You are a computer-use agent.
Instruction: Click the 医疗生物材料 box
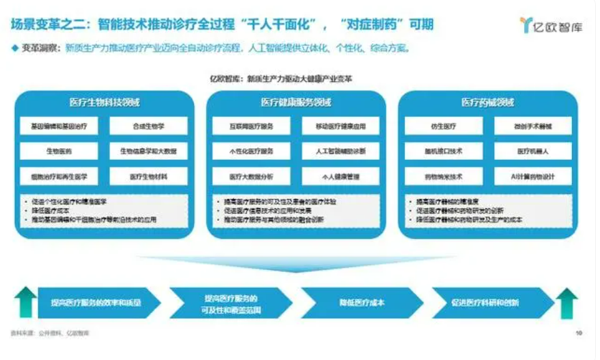(148, 176)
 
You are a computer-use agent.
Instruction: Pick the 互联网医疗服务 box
(251, 126)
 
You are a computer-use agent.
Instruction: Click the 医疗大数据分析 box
(251, 176)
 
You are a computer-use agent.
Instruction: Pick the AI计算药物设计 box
(533, 176)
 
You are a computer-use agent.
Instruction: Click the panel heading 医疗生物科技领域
(104, 102)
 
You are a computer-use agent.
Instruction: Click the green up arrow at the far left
(26, 303)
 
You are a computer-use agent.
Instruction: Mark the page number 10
(578, 334)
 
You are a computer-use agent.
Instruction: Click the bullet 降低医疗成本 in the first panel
(51, 211)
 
